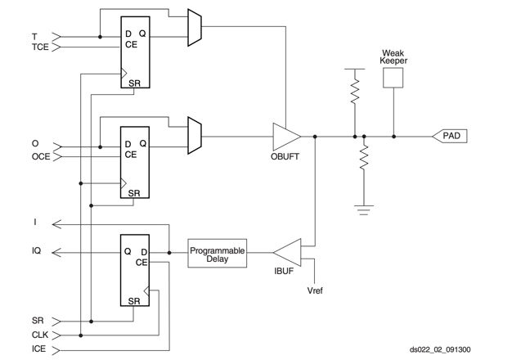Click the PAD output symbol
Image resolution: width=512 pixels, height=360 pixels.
point(451,136)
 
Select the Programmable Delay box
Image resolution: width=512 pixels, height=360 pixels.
point(217,254)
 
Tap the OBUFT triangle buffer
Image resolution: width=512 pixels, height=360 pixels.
point(286,136)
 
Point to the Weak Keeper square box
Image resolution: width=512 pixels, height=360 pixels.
point(393,77)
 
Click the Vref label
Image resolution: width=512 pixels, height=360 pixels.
point(315,290)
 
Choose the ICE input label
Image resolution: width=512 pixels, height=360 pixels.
point(38,349)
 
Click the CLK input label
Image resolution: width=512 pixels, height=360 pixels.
point(39,335)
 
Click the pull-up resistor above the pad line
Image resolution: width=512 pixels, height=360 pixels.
point(355,93)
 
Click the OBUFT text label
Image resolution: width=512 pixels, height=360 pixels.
point(285,156)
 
